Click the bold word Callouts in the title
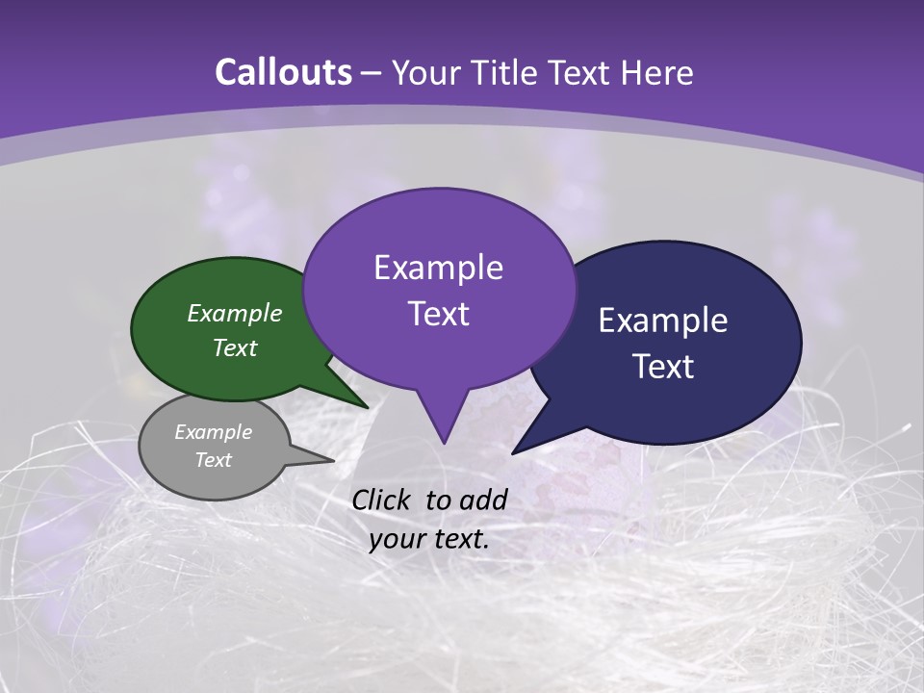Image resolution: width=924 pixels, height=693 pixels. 283,72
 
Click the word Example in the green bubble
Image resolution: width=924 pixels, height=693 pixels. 235,314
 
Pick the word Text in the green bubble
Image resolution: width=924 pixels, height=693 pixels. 235,348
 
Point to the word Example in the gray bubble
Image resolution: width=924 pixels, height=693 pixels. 214,432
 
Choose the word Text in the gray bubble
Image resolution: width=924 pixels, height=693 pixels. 214,460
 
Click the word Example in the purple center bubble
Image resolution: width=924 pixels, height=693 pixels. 438,268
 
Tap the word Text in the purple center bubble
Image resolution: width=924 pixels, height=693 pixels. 438,314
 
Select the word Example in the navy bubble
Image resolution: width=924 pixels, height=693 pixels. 663,321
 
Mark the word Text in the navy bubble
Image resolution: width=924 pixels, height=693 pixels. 663,367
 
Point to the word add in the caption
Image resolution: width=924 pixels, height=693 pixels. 485,500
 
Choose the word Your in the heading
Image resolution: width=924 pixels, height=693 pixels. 422,72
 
